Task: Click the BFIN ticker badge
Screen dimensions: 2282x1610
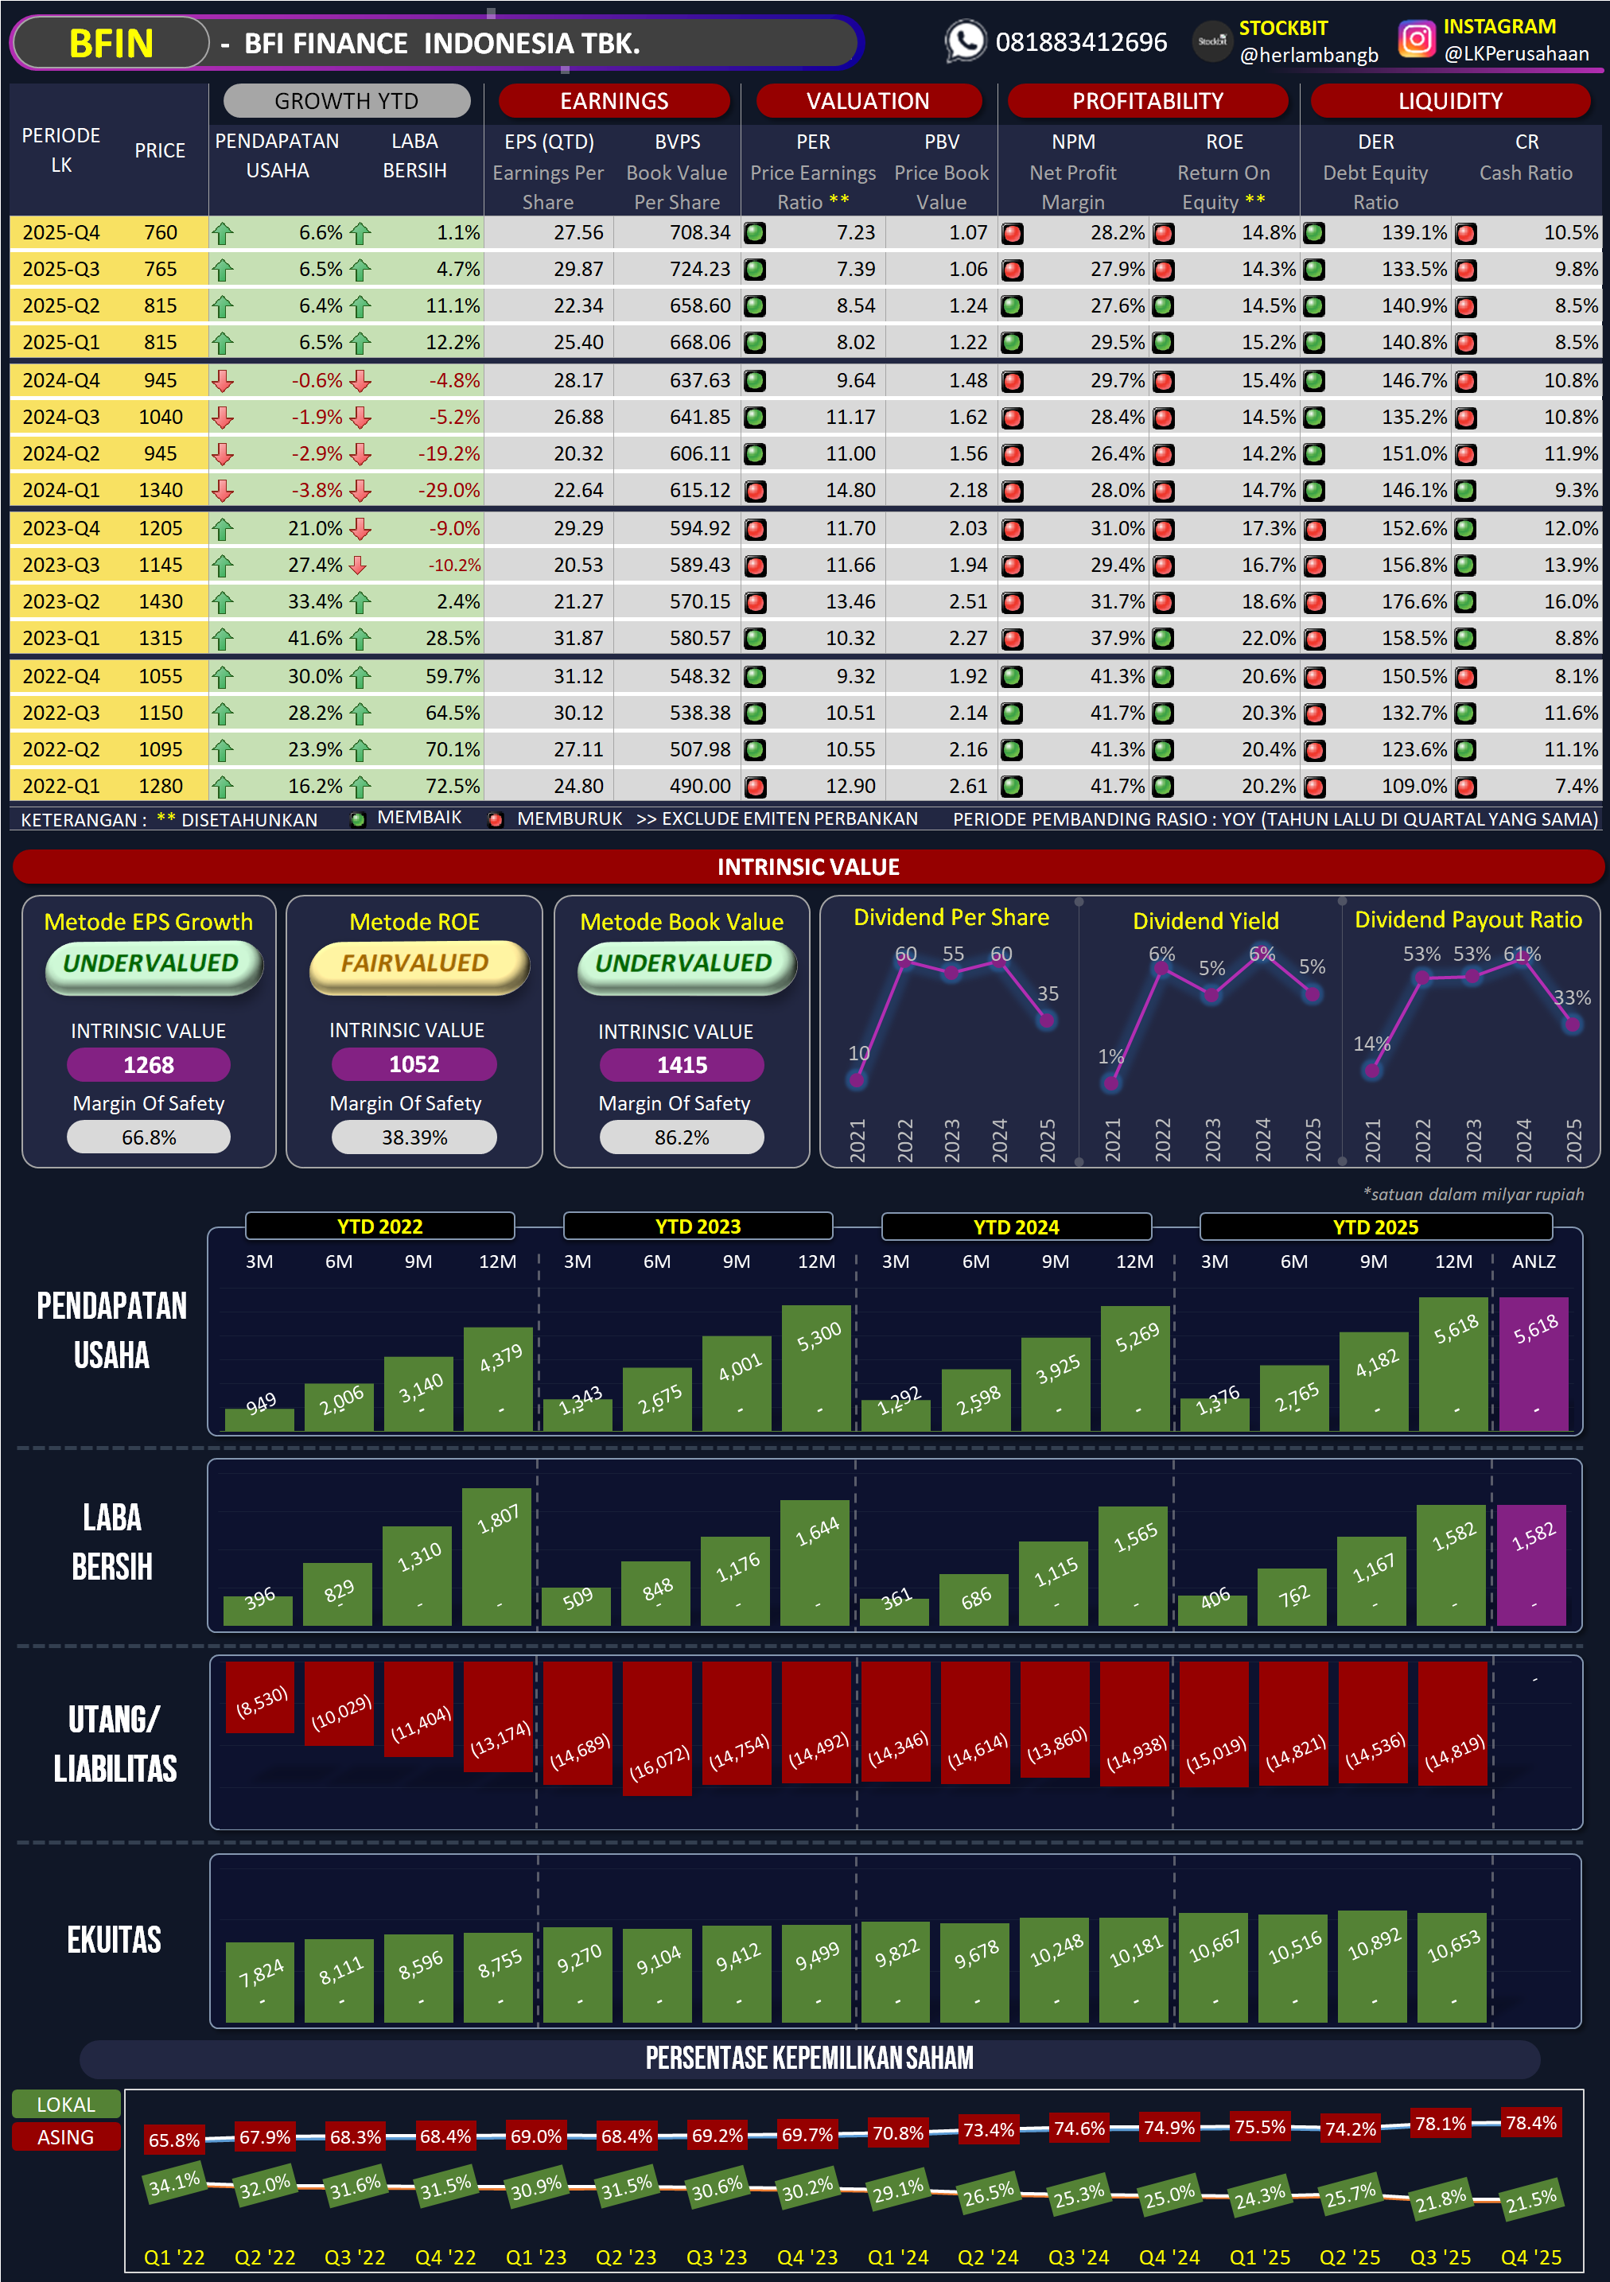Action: click(x=111, y=44)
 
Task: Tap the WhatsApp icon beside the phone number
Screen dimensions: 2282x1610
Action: click(x=964, y=41)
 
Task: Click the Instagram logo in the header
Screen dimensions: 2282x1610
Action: click(x=1416, y=40)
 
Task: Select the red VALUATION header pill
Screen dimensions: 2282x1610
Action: click(x=868, y=100)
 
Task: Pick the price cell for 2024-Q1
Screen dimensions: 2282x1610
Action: click(x=160, y=490)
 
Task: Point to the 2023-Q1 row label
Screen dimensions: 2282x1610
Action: click(x=60, y=638)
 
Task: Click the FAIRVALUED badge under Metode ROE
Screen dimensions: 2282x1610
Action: click(x=415, y=964)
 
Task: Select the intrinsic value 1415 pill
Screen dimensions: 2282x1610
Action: click(x=682, y=1064)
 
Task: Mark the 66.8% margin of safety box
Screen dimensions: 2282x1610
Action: click(x=148, y=1137)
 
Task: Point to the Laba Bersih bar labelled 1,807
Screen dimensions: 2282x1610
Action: click(x=497, y=1556)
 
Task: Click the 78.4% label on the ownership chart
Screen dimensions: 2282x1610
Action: click(x=1530, y=2123)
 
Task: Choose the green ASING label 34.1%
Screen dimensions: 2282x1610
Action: click(x=174, y=2183)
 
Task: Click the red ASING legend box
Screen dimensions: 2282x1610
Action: click(x=65, y=2137)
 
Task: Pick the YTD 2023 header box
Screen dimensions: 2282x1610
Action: click(x=698, y=1227)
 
